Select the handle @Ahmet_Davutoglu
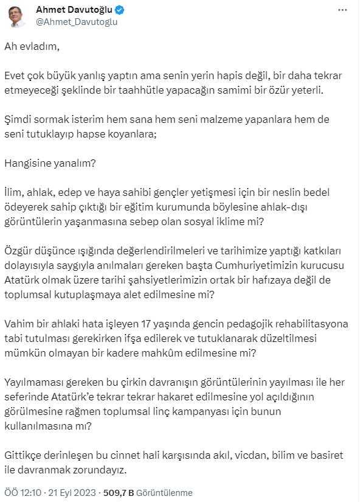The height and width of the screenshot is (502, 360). pos(77,22)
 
